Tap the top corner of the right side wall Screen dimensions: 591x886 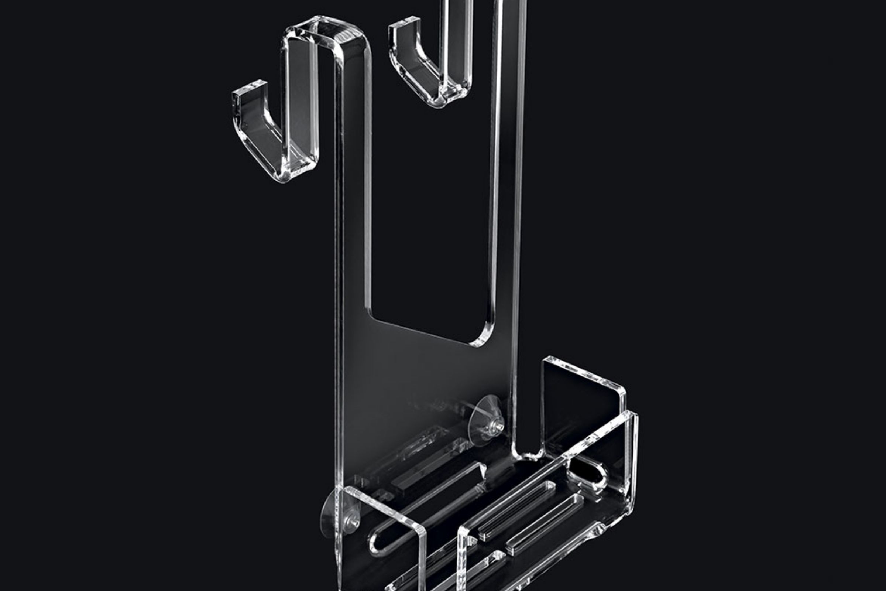631,414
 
